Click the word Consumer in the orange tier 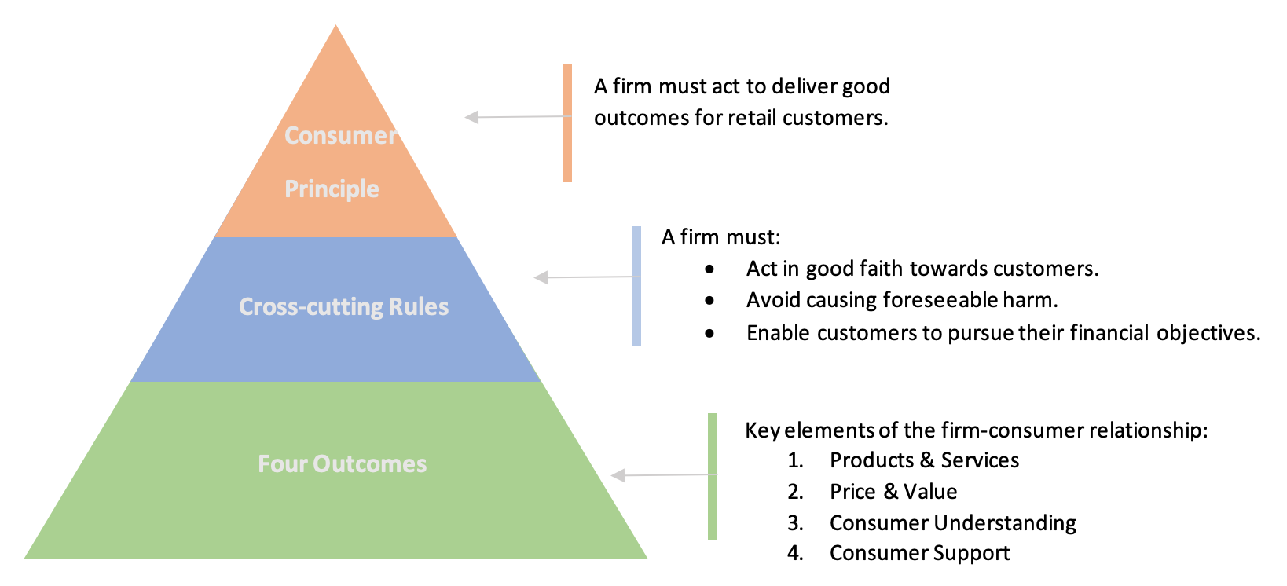[340, 136]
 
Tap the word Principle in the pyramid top [332, 189]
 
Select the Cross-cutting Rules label [343, 306]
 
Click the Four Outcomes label [342, 464]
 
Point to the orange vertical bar [567, 123]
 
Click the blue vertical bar [636, 286]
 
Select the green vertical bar [712, 476]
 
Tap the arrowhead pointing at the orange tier [471, 117]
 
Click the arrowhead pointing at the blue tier [541, 277]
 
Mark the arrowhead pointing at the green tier [618, 475]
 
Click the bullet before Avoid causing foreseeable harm [709, 301]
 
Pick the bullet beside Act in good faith [709, 269]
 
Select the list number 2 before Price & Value [795, 492]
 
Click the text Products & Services [924, 460]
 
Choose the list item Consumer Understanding [952, 523]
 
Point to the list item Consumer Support [919, 553]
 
